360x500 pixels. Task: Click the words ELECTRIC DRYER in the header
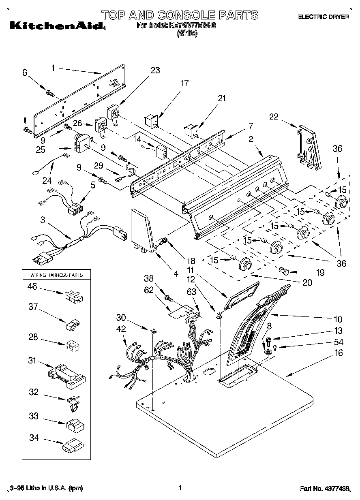point(323,17)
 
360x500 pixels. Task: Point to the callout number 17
point(184,83)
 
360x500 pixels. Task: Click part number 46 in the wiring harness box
point(32,287)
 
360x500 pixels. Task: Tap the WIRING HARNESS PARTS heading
point(57,275)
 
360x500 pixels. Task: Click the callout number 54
point(339,342)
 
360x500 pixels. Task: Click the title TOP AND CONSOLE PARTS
point(179,15)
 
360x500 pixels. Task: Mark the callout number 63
point(192,291)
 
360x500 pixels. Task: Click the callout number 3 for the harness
point(43,220)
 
